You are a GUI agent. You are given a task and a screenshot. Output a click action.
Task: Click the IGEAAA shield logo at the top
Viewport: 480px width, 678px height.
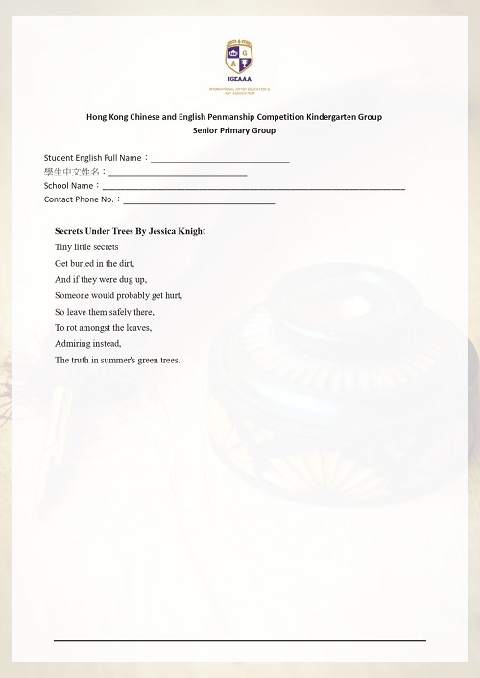coord(240,60)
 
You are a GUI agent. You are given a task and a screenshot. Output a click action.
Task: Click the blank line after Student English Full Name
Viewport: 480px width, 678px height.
coord(220,159)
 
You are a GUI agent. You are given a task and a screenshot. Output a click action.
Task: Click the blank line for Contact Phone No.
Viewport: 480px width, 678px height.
coord(199,202)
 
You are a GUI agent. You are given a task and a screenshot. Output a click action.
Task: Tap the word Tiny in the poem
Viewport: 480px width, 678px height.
coord(63,247)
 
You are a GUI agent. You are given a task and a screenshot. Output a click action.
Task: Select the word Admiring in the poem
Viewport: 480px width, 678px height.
coord(72,343)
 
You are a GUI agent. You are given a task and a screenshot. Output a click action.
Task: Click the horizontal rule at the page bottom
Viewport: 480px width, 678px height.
coord(239,639)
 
